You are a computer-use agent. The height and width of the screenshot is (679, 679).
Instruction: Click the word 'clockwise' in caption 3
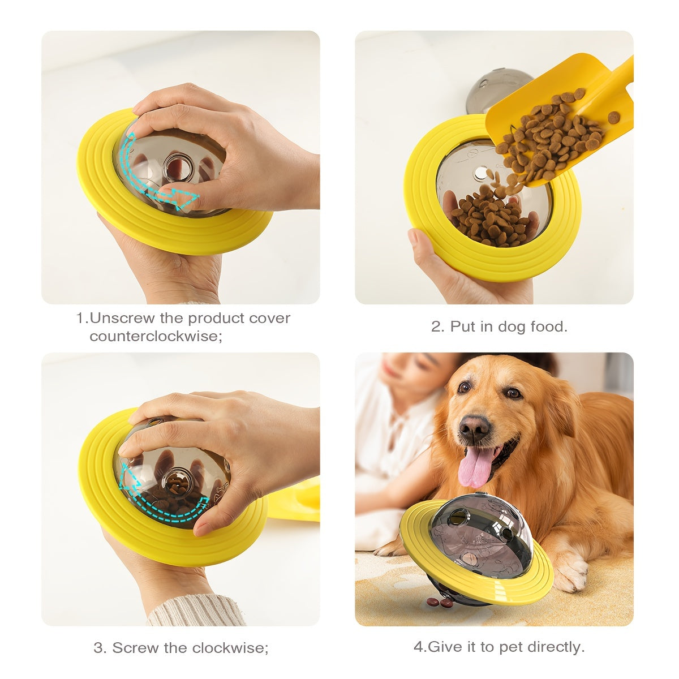(x=229, y=647)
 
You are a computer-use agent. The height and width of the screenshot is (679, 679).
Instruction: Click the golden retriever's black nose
(x=474, y=426)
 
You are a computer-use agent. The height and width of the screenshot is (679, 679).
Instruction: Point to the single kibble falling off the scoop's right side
(x=614, y=118)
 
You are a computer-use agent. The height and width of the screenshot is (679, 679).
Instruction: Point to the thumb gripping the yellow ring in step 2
(x=419, y=240)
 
